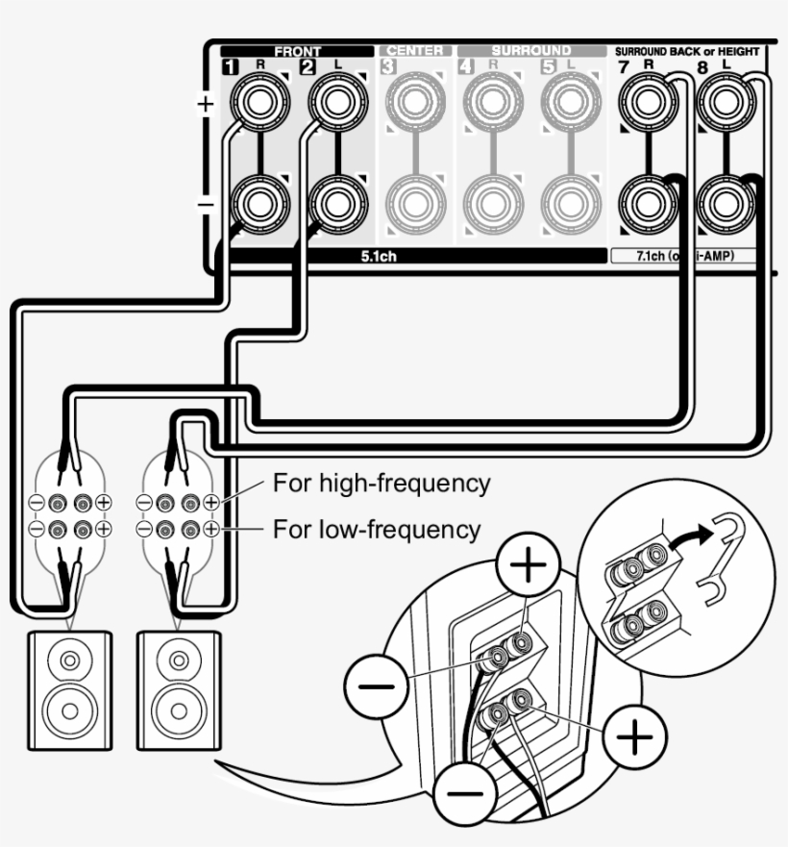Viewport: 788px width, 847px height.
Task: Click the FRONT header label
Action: point(298,51)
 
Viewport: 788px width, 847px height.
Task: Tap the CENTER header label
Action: point(414,51)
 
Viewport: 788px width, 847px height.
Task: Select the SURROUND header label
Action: point(530,51)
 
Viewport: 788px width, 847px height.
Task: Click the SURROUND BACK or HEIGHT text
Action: point(686,51)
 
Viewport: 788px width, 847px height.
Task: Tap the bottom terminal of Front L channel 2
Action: point(336,202)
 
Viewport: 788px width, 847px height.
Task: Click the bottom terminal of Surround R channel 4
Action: point(493,202)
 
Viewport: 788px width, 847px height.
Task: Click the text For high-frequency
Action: point(382,483)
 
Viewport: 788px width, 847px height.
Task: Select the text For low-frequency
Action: point(377,529)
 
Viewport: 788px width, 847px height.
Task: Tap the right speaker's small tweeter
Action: point(179,661)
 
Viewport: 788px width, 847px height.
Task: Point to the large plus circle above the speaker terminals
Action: point(525,566)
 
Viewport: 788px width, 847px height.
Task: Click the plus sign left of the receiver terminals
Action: point(205,104)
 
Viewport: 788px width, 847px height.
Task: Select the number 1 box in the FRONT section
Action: point(231,67)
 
